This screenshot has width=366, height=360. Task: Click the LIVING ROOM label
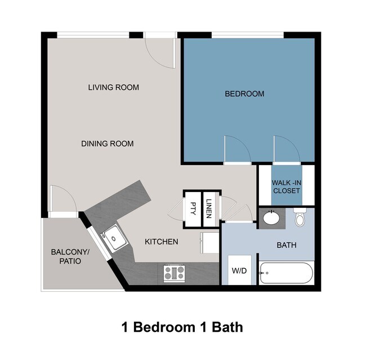[113, 87]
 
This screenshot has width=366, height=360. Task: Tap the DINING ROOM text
[107, 144]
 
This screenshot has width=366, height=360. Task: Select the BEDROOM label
[244, 94]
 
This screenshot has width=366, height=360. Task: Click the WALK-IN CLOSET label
[286, 187]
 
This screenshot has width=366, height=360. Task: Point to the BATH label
[286, 246]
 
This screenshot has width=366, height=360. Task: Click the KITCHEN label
[162, 242]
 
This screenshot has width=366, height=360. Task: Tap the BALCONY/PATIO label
[66, 257]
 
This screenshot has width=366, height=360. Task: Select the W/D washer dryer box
[239, 270]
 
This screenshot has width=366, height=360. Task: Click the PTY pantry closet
[193, 208]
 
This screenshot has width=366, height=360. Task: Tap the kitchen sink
[114, 238]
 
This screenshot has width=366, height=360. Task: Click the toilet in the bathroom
[300, 217]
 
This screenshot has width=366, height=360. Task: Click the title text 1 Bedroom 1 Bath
[182, 327]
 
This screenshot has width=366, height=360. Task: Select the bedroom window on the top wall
[247, 35]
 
